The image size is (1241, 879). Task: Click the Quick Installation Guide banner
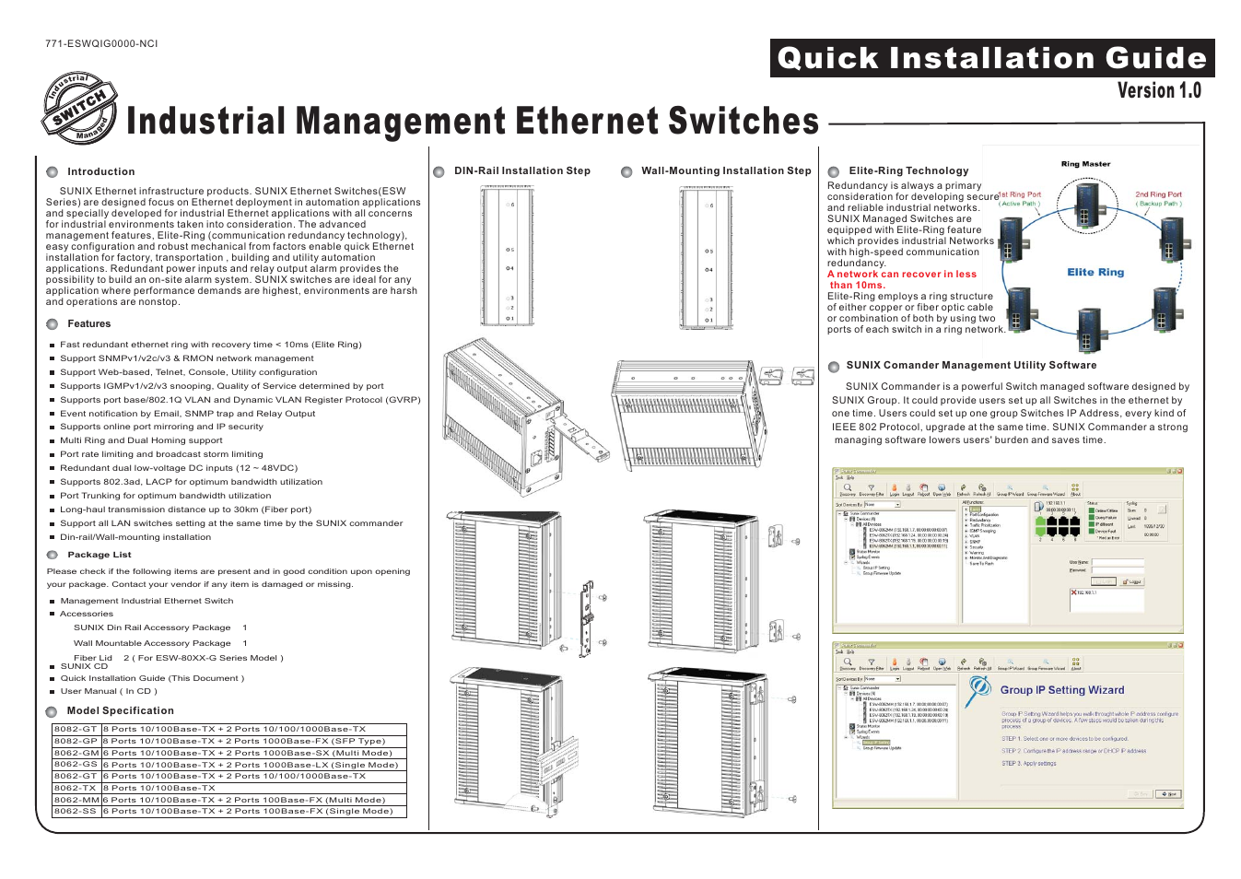(991, 58)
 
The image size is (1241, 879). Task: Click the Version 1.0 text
(1158, 90)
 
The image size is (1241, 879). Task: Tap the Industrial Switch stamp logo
(80, 109)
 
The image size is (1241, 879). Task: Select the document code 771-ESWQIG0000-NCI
(101, 43)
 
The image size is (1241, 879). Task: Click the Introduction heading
(100, 171)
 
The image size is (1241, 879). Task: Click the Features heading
(88, 323)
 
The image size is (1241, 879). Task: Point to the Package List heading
(99, 555)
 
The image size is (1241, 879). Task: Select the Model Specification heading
(120, 710)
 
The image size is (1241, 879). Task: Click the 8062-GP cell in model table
(76, 741)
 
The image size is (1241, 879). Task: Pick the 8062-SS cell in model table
(76, 812)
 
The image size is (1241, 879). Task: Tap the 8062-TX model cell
(76, 788)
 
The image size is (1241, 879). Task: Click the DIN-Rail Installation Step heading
(521, 170)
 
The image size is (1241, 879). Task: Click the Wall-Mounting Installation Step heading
(726, 170)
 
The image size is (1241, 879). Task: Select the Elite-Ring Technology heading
(908, 170)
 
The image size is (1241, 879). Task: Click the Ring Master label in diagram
(1085, 164)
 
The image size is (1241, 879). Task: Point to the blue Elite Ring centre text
(1095, 272)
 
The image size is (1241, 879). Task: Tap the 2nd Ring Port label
(1158, 194)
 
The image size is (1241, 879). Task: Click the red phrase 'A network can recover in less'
(901, 274)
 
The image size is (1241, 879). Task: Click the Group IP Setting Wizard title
(1061, 690)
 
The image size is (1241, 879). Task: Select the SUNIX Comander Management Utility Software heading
(971, 365)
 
